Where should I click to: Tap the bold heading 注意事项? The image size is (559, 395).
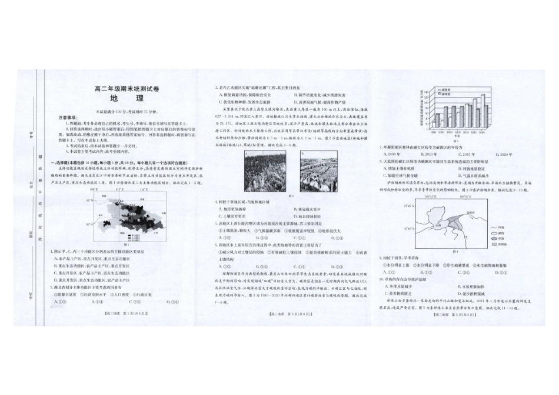(x=66, y=116)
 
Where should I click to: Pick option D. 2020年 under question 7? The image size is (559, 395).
(x=507, y=154)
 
